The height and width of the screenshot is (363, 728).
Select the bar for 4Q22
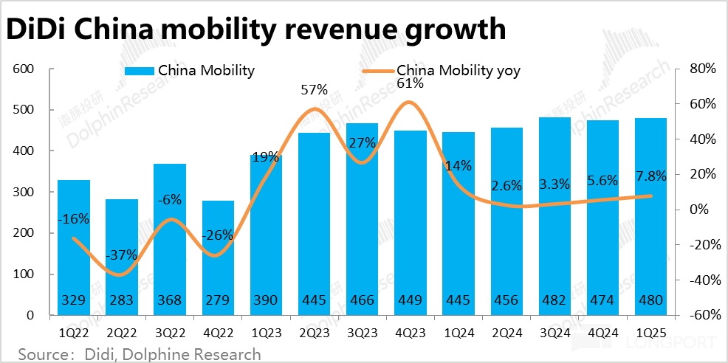tap(219, 257)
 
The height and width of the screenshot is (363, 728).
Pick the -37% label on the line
tap(121, 255)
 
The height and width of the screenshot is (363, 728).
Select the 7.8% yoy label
tap(650, 176)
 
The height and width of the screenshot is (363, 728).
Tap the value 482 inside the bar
tap(554, 300)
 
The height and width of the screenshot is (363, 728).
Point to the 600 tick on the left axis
tap(25, 69)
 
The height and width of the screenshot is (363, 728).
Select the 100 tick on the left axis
tap(25, 274)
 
